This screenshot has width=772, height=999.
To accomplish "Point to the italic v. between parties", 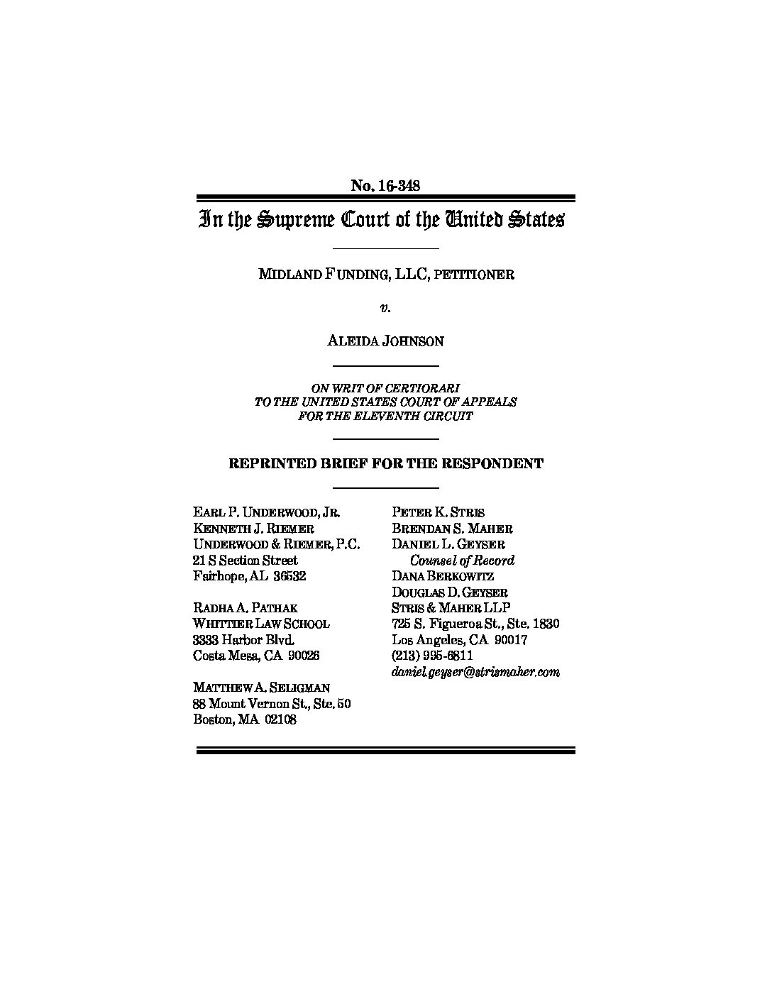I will [385, 308].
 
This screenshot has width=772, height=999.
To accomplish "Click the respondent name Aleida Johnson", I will [385, 341].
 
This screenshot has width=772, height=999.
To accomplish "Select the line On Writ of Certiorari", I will [385, 388].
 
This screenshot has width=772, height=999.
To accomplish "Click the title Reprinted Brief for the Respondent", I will [385, 464].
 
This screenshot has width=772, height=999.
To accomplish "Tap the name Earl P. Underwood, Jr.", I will [267, 512].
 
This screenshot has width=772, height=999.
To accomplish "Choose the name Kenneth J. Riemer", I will [254, 529].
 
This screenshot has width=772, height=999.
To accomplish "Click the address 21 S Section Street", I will [246, 561].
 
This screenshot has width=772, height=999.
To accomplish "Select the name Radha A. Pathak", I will [246, 608].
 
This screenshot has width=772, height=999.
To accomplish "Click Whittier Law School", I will [261, 624].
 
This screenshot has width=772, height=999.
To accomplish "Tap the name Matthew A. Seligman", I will [261, 688].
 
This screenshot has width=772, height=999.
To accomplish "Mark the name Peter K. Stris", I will [438, 512].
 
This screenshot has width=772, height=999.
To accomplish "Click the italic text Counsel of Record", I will [462, 561].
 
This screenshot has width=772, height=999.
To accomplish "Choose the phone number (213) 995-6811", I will [432, 656].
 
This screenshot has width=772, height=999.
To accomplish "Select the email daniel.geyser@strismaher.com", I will [475, 672].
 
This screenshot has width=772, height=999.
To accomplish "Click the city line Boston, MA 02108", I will [245, 719].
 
